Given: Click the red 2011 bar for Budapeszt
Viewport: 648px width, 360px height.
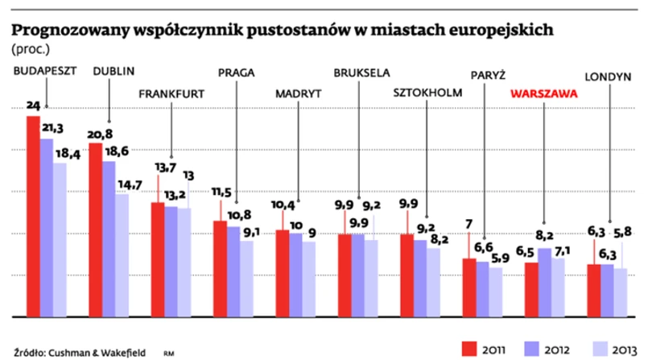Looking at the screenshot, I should click(x=33, y=217).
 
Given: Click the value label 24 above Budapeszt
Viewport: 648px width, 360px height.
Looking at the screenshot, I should click(x=33, y=106).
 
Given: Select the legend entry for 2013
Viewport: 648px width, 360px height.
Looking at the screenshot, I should click(x=609, y=347).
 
